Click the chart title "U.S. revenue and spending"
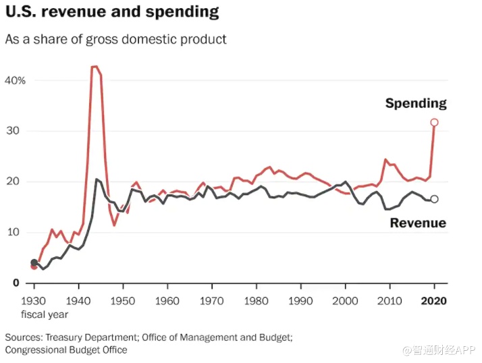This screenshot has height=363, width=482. coord(112,12)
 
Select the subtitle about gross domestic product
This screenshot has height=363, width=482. coord(115,39)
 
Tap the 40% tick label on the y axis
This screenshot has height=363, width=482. coord(16,80)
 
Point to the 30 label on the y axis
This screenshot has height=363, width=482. coord(20,131)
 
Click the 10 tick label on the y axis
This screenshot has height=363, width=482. coord(20,232)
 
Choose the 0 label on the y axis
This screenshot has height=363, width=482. coord(16,283)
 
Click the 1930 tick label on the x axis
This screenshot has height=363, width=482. coord(34,302)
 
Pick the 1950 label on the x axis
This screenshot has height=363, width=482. coord(123,302)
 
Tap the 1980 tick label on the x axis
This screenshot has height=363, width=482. coord(256,302)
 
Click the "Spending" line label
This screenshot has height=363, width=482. coord(416,103)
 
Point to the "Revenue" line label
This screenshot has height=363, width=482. coord(418,223)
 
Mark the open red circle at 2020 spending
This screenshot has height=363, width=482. coord(434,122)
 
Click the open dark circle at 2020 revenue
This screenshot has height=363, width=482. coord(434,199)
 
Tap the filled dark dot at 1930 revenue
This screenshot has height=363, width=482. coord(34,262)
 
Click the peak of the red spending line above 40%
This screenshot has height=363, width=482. coord(95,66)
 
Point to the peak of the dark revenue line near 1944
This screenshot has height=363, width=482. coord(97,179)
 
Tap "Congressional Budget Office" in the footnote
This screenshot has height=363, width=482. coord(65,350)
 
